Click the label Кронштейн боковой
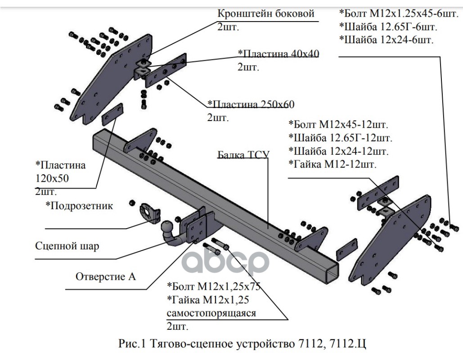(265, 13)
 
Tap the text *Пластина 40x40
(279, 54)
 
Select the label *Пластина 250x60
(251, 104)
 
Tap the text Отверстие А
(106, 276)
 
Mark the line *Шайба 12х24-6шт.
(387, 40)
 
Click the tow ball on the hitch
(167, 226)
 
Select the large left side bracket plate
(108, 79)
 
